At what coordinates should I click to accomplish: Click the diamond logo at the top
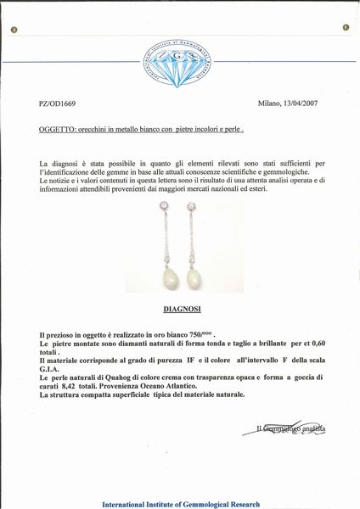179,64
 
